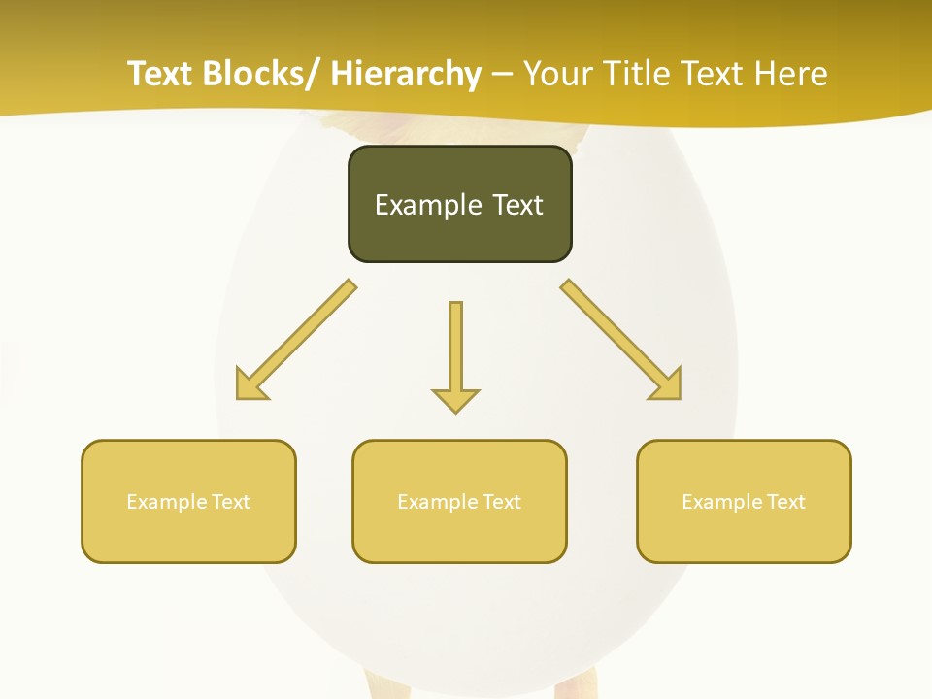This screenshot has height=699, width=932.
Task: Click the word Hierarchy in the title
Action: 406,74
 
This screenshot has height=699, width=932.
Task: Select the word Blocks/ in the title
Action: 262,74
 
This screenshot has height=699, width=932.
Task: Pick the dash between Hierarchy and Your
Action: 502,75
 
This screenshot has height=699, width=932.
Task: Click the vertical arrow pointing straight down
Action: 455,349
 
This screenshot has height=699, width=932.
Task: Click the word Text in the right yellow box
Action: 785,502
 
